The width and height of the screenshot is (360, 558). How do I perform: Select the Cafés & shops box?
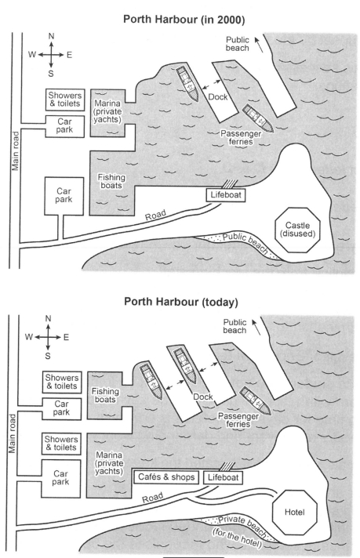coord(166,477)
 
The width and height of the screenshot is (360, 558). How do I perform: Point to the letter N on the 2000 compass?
coord(51,36)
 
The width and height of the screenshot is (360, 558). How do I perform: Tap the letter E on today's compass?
coord(66,337)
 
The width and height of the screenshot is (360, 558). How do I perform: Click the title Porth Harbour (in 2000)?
coord(184,20)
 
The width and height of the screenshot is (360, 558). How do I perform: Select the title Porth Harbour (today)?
coord(181,302)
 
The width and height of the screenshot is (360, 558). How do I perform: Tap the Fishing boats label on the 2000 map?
coord(111,181)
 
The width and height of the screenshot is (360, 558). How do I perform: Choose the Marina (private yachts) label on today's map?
coord(109,463)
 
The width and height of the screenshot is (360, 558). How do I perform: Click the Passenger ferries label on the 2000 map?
coord(241,137)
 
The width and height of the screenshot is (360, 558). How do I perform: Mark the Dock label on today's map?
coord(203,397)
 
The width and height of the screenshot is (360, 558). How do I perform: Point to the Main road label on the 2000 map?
coord(16,151)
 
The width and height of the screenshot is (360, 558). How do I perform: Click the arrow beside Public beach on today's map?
coord(256,327)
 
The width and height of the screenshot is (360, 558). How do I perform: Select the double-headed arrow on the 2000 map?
coord(212,85)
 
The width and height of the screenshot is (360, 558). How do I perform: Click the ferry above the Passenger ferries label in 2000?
coord(258,118)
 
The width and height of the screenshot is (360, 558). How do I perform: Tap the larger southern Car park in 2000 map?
coord(64,196)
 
